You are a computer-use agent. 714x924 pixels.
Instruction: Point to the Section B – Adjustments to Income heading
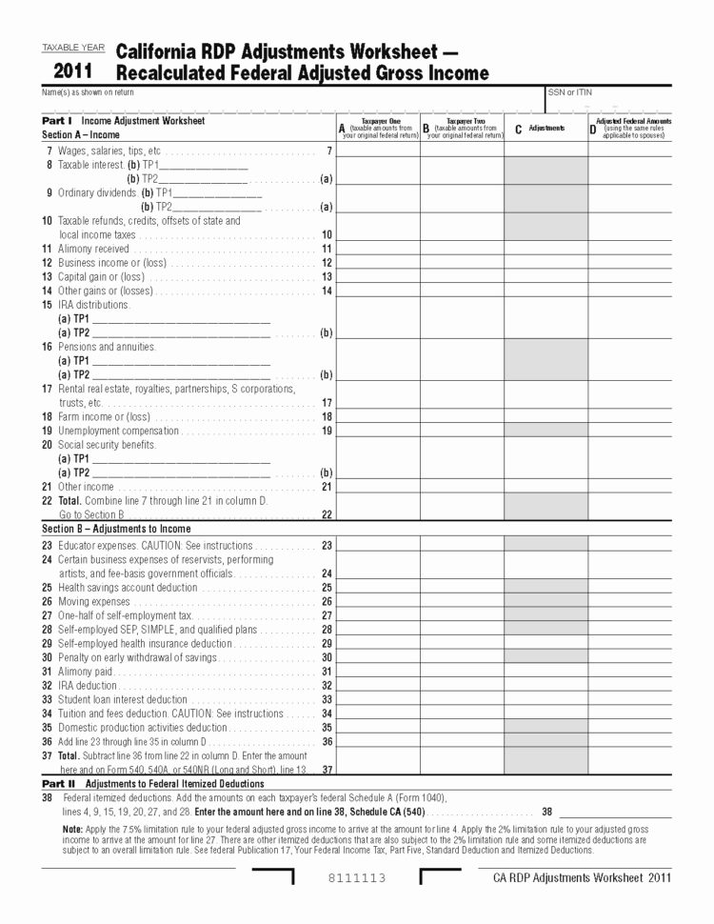pyautogui.click(x=116, y=529)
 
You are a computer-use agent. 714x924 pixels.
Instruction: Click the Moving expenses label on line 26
pyautogui.click(x=94, y=602)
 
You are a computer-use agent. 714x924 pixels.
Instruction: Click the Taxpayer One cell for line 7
pyautogui.click(x=378, y=151)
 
